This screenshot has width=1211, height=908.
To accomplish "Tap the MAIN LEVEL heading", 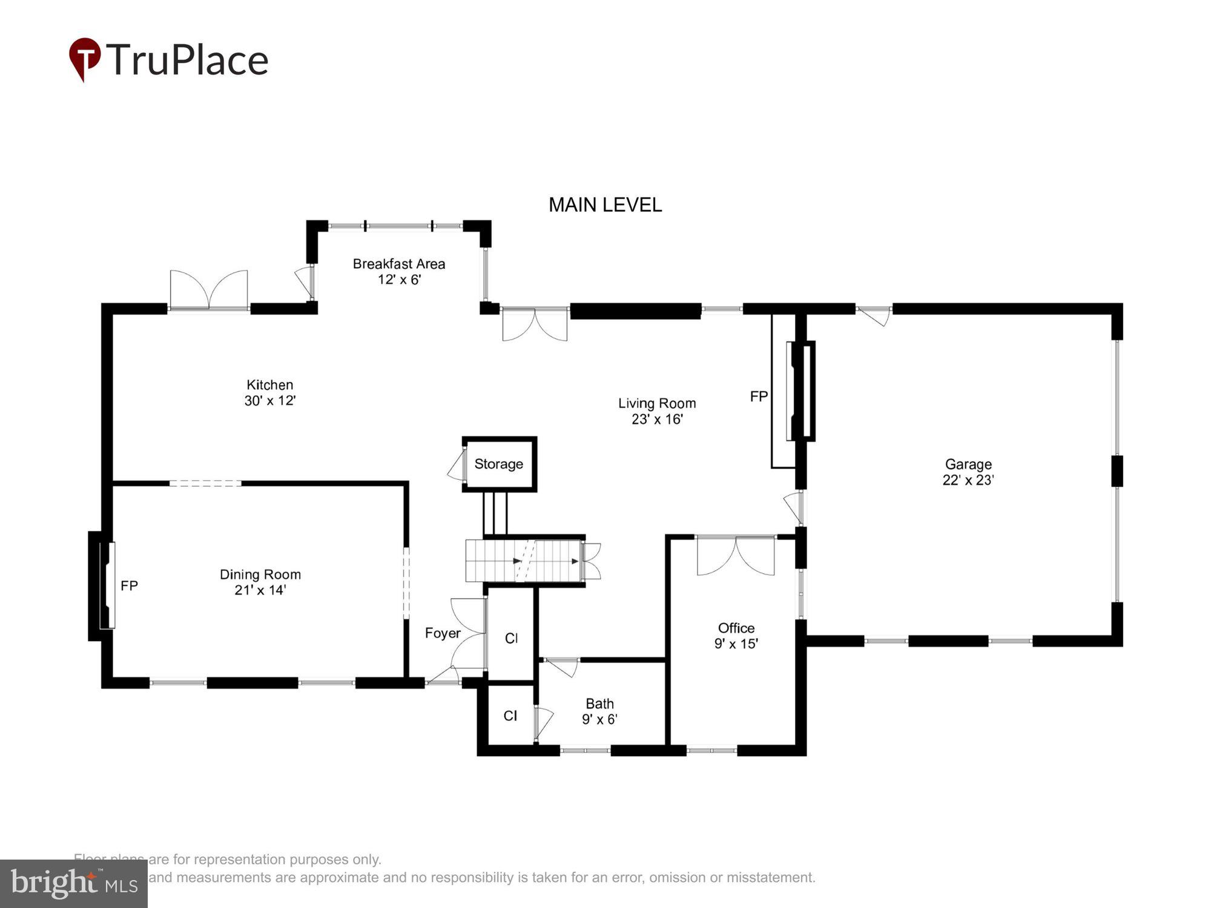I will (x=605, y=205).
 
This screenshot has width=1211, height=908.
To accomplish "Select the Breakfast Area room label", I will (x=398, y=264).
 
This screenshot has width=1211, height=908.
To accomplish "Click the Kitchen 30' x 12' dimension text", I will (x=269, y=401).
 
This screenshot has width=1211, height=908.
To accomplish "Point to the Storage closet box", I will (x=499, y=464).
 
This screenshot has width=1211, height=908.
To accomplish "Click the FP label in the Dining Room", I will (x=129, y=586).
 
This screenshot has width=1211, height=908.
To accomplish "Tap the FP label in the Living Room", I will (x=759, y=396).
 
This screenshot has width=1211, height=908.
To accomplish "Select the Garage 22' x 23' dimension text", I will (x=968, y=480).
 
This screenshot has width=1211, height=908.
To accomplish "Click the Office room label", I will (x=736, y=628).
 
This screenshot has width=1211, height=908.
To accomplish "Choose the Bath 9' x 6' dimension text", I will (x=599, y=719).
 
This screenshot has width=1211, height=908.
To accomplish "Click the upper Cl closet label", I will (x=511, y=638).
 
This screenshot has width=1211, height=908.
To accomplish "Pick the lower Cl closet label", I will (x=510, y=716).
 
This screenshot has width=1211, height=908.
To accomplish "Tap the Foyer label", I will (x=443, y=633).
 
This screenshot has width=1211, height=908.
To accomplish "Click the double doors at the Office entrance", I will (x=735, y=555).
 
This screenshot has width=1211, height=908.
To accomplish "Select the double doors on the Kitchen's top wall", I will (x=209, y=291).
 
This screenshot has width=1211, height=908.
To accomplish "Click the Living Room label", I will (x=656, y=403).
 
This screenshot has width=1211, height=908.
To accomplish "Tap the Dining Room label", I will (x=260, y=574).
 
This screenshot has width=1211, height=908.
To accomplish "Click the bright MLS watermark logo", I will (x=73, y=884).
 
